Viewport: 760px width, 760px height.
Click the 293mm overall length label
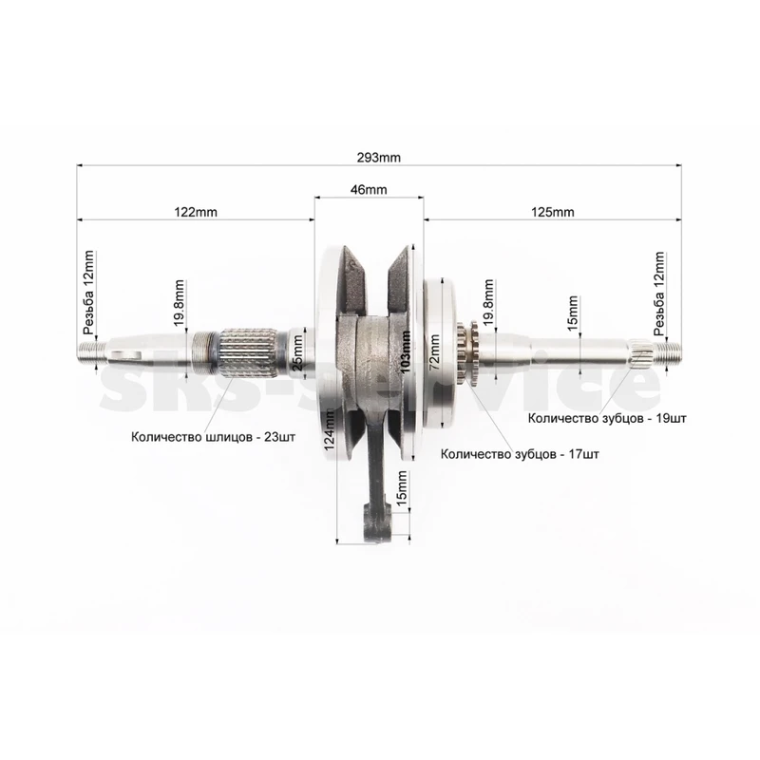click(x=378, y=158)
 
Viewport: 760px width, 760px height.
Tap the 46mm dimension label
click(x=369, y=189)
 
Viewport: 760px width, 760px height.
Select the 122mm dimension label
click(x=196, y=212)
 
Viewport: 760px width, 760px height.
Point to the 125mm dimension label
click(x=553, y=212)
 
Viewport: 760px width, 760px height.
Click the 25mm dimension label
click(x=297, y=352)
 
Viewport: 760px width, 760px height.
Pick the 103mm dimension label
click(x=406, y=351)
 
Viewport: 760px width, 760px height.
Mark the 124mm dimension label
click(x=330, y=429)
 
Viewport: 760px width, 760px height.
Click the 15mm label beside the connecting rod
click(x=402, y=488)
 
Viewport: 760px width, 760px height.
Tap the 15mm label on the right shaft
click(x=573, y=313)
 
